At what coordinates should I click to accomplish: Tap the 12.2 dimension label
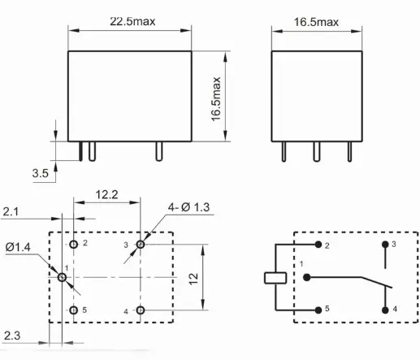point(108,196)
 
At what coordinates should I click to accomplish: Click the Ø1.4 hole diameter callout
point(17,245)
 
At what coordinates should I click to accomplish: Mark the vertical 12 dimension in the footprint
point(194,277)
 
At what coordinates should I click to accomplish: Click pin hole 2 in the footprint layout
point(74,244)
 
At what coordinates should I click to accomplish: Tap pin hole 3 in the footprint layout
point(141,244)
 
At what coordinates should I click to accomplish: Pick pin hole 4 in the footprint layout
point(141,310)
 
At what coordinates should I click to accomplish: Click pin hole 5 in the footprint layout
point(74,310)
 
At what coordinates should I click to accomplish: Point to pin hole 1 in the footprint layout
point(62,277)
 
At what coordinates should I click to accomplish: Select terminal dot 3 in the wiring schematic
point(384,244)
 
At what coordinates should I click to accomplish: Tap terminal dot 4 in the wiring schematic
point(384,310)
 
